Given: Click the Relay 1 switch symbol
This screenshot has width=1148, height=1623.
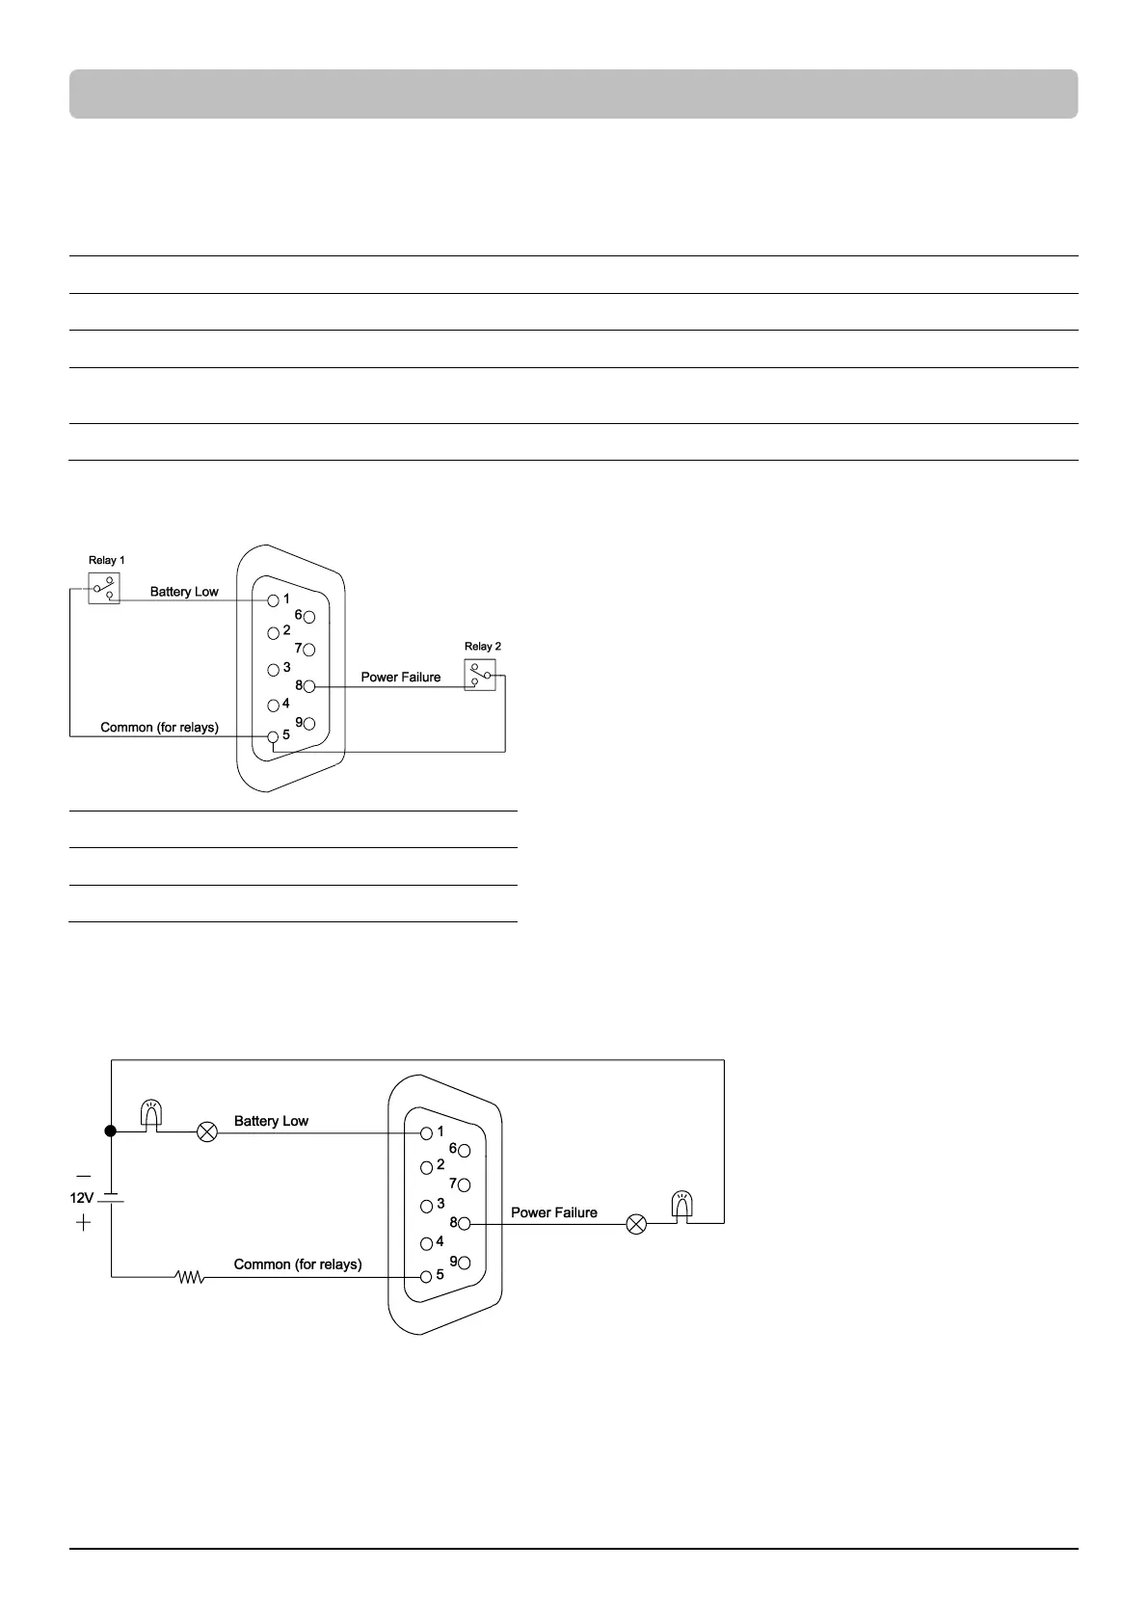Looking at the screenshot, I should pos(104,589).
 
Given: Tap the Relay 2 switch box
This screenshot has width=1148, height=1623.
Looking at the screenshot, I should pos(480,675).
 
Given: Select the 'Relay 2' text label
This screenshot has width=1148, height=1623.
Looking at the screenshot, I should pos(482,647).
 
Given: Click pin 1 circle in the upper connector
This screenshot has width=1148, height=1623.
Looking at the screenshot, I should pos(274,599).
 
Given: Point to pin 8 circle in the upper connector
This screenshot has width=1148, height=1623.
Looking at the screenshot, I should pos(309,686).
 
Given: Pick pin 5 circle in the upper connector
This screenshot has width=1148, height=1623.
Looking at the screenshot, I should pos(274,736).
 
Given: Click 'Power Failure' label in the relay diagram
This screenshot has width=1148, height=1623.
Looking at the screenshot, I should pos(400,677).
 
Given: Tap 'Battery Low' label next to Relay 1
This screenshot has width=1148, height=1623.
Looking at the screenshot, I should pos(184,592).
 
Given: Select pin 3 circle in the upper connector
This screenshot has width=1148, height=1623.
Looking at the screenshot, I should pos(274,669).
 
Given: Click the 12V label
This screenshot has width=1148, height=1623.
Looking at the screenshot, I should pos(81,1198).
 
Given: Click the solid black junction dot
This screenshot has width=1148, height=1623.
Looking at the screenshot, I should pos(111,1131).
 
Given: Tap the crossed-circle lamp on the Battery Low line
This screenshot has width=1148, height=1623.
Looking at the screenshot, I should pos(207,1131).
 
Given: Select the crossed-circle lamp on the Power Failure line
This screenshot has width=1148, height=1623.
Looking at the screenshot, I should pos(636,1224).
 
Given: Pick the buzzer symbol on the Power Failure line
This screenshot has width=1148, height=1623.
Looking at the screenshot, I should pos(681,1207).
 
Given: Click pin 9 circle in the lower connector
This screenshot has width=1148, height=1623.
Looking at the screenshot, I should pos(465,1263).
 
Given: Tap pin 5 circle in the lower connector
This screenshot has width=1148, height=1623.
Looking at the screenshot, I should pos(426,1276).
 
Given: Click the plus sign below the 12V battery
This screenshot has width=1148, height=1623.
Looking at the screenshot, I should pos(84,1223).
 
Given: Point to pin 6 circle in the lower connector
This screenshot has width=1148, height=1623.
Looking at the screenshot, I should pos(465,1151).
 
